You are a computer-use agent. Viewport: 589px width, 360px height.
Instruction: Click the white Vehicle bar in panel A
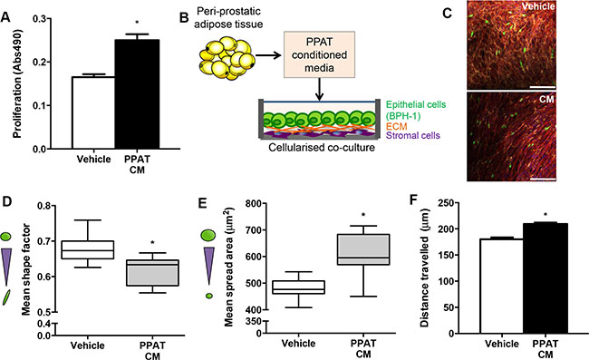point(93,112)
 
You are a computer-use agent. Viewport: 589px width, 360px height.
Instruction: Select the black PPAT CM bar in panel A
point(137,94)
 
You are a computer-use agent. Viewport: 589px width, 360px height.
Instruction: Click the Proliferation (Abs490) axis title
point(17,83)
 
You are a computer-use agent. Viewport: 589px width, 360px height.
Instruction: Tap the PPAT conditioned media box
point(319,55)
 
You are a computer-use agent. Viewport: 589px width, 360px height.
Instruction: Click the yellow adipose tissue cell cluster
point(227,57)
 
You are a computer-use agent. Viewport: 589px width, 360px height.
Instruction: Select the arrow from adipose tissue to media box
point(268,55)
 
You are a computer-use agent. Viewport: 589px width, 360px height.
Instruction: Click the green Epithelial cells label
point(416,110)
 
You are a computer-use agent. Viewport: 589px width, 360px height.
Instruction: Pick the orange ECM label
point(397,127)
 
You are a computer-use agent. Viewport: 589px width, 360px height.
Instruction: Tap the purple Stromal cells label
point(413,135)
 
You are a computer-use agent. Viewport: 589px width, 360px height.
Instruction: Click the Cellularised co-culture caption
point(322,147)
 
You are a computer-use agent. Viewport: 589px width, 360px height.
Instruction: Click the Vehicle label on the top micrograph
point(538,6)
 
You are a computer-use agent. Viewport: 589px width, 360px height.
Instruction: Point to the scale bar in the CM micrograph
point(543,179)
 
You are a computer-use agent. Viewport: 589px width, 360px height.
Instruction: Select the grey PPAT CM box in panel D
point(152,273)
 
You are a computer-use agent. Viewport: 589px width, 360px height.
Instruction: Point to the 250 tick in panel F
point(447,202)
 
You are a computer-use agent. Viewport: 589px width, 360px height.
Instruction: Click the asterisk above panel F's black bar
point(545,215)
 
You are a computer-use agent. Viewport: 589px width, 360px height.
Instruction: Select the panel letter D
point(6,202)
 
